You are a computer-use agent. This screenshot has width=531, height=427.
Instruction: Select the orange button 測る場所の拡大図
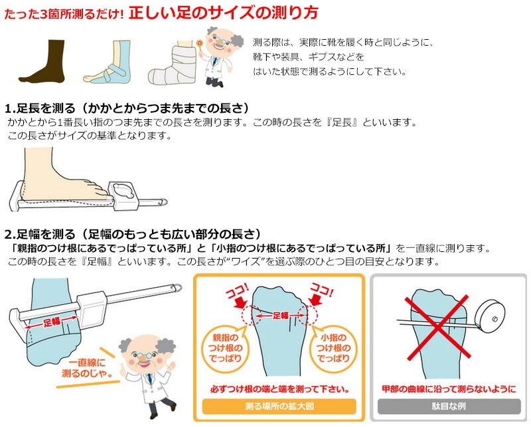pos(279,406)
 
